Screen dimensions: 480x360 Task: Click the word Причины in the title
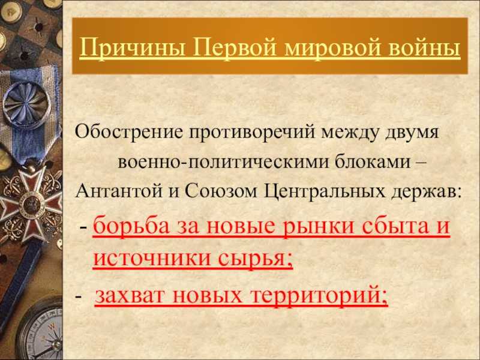tap(132, 48)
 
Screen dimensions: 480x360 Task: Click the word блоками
tap(372, 161)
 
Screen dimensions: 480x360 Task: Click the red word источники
tap(152, 259)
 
